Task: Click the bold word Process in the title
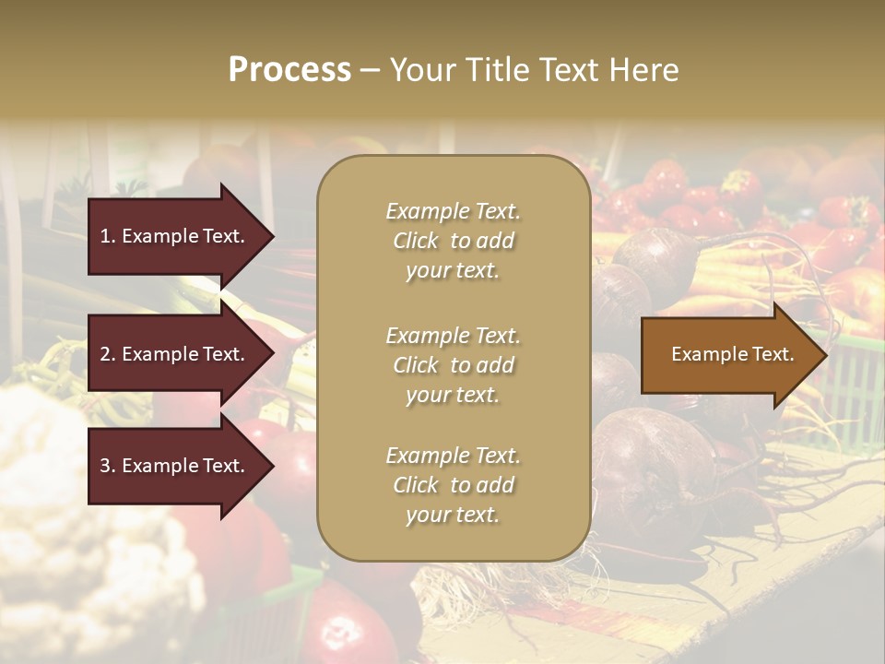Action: (x=289, y=70)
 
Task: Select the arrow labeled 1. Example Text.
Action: (x=175, y=236)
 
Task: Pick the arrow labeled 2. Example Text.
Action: (x=175, y=354)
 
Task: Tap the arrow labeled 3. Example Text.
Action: (x=175, y=466)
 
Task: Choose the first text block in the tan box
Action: (x=453, y=241)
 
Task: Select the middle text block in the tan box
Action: (x=453, y=365)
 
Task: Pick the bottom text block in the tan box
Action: (x=453, y=485)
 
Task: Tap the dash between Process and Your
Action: (x=370, y=70)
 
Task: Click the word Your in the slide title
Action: (x=419, y=70)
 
